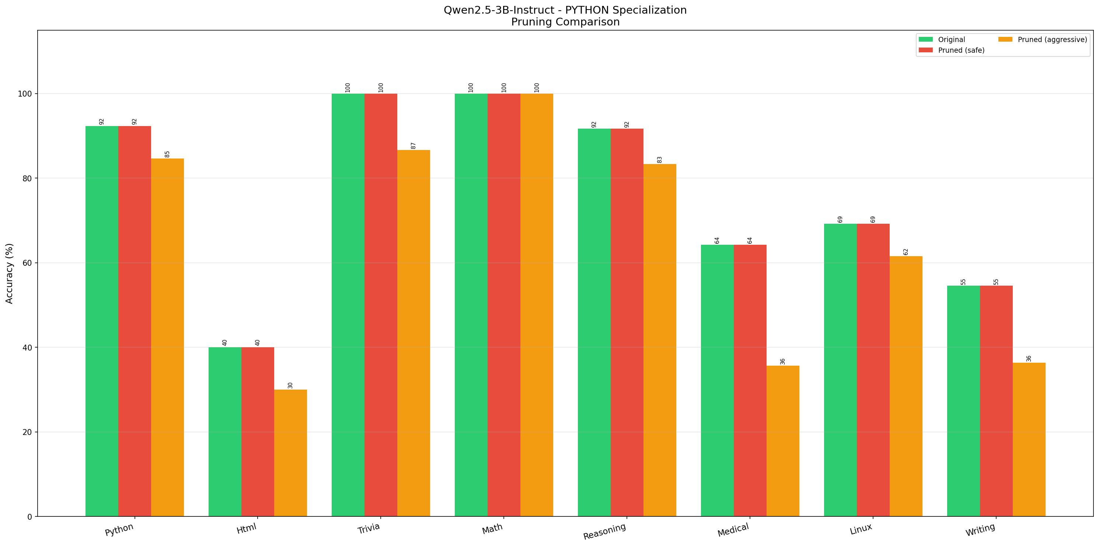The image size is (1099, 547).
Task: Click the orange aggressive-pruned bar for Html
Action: click(x=290, y=453)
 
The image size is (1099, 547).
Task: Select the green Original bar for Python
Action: click(x=102, y=321)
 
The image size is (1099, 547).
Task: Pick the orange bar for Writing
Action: click(x=1029, y=439)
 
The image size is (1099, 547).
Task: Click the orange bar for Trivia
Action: click(x=414, y=333)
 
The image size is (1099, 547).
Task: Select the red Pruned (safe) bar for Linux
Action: click(x=873, y=369)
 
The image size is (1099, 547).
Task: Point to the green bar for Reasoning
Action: click(x=594, y=322)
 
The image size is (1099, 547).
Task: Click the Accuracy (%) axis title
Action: click(x=9, y=273)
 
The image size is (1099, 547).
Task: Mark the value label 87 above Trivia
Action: click(x=414, y=146)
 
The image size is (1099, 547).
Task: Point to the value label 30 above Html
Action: click(x=290, y=385)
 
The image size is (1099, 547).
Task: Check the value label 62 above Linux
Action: click(x=906, y=252)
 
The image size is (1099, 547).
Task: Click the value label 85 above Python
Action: click(x=167, y=154)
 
